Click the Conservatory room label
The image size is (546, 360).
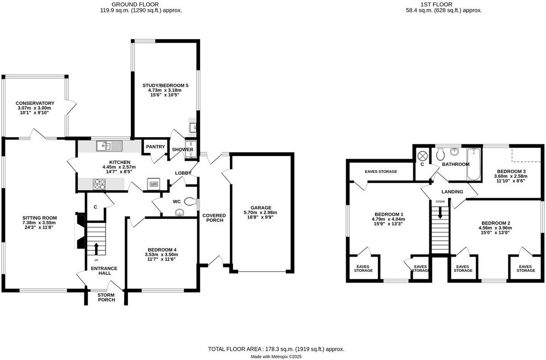(x=35, y=103)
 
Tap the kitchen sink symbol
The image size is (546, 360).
(x=109, y=146)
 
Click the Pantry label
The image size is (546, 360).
(x=155, y=147)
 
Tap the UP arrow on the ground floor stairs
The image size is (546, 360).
(x=96, y=248)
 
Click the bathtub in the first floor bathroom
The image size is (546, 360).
(x=473, y=165)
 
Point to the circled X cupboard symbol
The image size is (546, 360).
(x=423, y=155)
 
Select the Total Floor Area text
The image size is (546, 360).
(x=276, y=349)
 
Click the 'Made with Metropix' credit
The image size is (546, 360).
(x=276, y=356)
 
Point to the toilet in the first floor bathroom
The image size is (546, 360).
(x=440, y=155)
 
